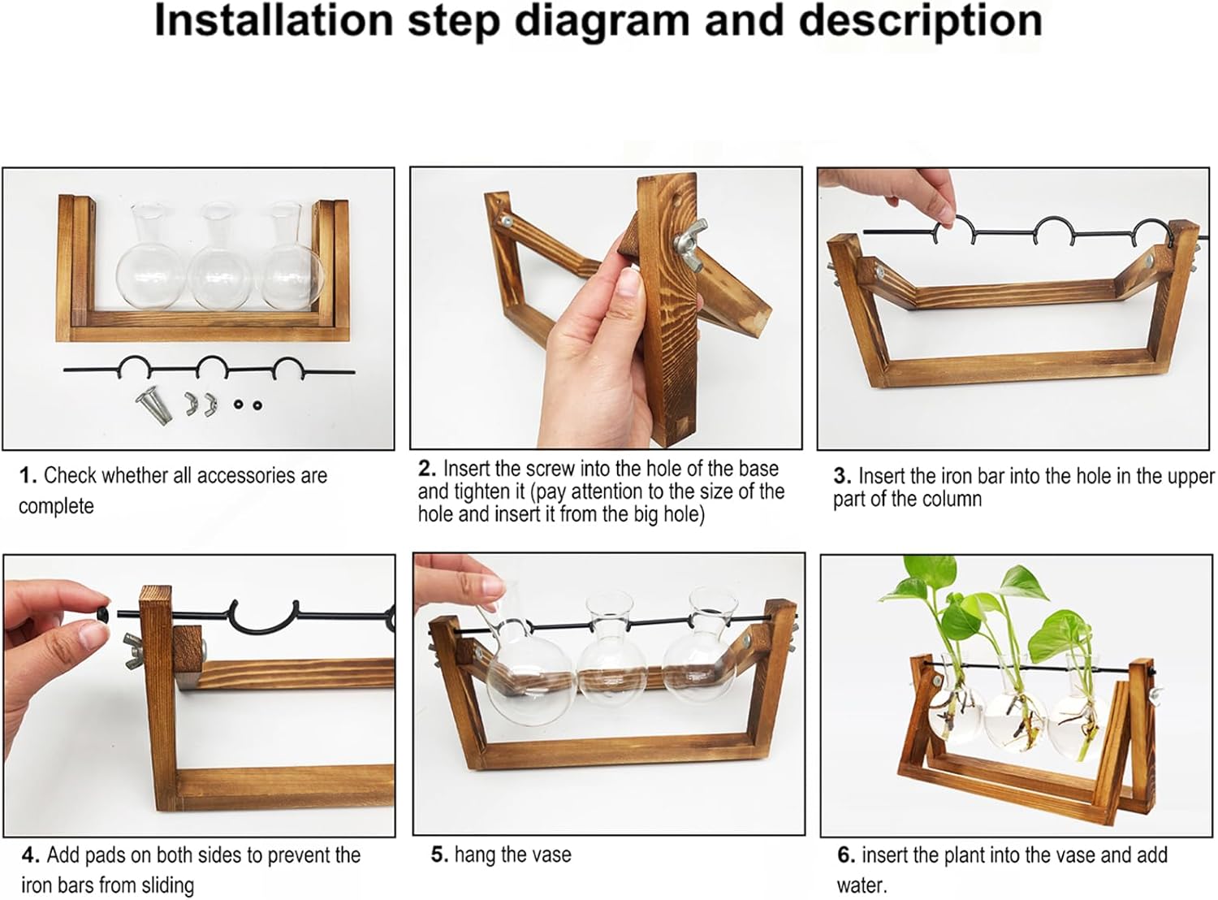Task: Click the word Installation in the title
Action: [x=274, y=20]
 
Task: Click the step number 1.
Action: [x=28, y=475]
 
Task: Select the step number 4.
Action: [x=30, y=855]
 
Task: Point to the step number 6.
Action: [x=846, y=855]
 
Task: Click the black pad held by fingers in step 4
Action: [x=104, y=612]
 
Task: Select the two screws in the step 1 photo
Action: [x=153, y=404]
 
